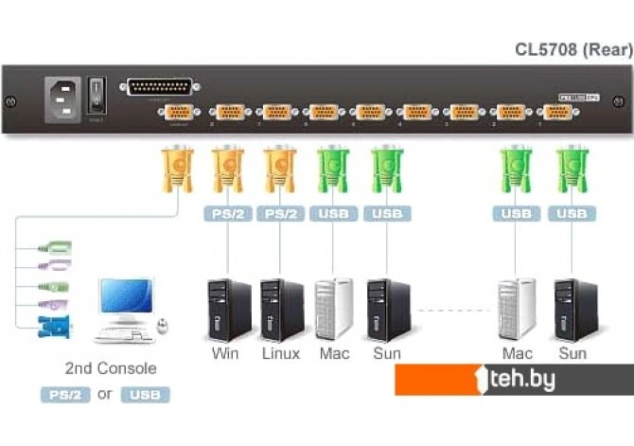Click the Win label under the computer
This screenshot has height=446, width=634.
coord(225,354)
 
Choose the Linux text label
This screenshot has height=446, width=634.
coord(280,354)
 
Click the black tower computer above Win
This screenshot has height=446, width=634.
coord(228,309)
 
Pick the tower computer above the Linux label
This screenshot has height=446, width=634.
coord(281,309)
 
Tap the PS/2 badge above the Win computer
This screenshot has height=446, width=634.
coord(226,214)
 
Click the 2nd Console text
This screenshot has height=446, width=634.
coord(111,368)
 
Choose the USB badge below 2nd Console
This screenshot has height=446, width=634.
coord(145,394)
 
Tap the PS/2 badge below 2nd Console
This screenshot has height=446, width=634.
coord(64,394)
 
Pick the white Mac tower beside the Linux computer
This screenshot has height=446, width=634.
coord(334,309)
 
